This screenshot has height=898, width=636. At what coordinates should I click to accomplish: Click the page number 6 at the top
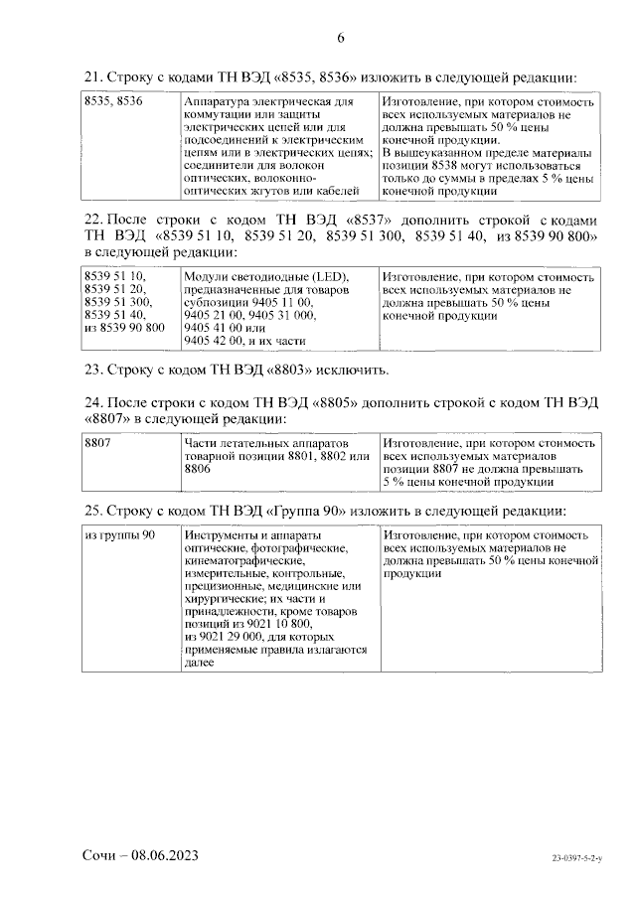click(341, 39)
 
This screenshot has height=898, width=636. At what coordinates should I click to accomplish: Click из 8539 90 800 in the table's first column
click(125, 330)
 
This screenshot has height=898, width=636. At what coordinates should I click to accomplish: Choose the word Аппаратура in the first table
click(218, 102)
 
